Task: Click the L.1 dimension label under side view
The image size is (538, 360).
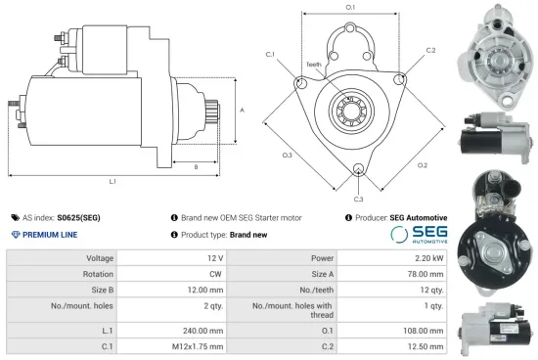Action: pyautogui.click(x=112, y=181)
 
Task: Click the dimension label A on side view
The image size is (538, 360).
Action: pyautogui.click(x=242, y=112)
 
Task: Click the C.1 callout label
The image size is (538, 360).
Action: pyautogui.click(x=269, y=54)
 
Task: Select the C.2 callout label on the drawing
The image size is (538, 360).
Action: pyautogui.click(x=430, y=49)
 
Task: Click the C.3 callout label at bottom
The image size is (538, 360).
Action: pyautogui.click(x=359, y=200)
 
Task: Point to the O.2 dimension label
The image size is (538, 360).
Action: pyautogui.click(x=422, y=164)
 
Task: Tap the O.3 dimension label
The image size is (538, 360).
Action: pyautogui.click(x=288, y=155)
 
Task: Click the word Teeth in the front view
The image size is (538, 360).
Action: pyautogui.click(x=314, y=66)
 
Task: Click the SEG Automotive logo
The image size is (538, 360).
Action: pyautogui.click(x=419, y=235)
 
